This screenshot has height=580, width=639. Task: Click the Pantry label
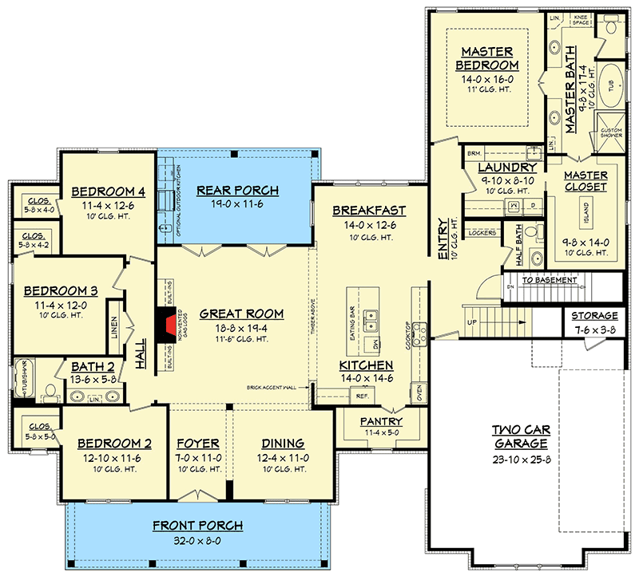click(381, 421)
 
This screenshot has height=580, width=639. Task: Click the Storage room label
click(594, 316)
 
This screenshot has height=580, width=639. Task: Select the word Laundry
click(507, 168)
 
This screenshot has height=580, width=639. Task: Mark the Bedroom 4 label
click(109, 191)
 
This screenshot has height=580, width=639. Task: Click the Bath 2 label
click(94, 367)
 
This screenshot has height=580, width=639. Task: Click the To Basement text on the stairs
click(550, 281)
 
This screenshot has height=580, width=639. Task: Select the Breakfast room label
click(369, 211)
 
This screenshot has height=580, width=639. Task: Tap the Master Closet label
click(585, 181)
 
